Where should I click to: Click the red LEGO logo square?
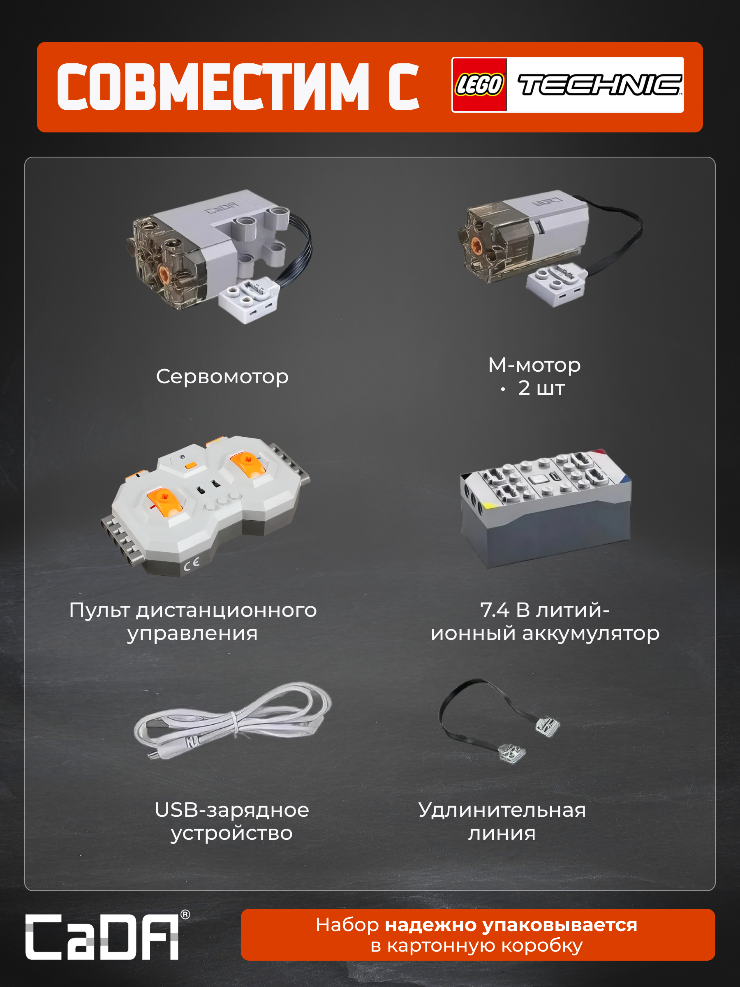point(479,84)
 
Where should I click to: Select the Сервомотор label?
point(222,377)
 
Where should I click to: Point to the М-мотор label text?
point(534,365)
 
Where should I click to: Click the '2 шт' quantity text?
point(541,388)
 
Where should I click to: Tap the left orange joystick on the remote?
point(166,502)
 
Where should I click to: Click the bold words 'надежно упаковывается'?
point(511,924)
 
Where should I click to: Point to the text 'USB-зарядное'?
point(232,810)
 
